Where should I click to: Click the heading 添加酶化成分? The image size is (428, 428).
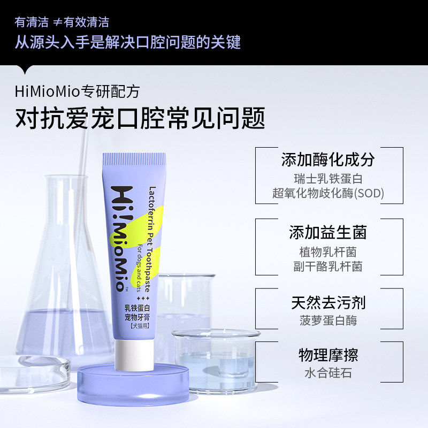point(328,159)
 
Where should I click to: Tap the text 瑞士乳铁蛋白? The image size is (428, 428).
point(328,179)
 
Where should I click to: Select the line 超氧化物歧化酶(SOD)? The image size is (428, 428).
point(328,193)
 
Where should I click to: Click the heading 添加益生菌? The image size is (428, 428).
point(328,233)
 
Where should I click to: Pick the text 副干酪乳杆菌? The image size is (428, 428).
point(328,266)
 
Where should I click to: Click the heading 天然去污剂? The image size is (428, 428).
point(328,302)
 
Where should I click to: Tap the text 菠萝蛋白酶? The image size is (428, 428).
point(328,320)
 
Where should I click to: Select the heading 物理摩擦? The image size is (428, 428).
point(328,355)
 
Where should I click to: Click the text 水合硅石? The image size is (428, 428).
point(328,373)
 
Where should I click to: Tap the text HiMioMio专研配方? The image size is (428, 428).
point(78,91)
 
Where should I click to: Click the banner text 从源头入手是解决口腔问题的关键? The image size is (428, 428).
point(127,42)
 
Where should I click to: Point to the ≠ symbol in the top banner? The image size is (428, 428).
point(57,22)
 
